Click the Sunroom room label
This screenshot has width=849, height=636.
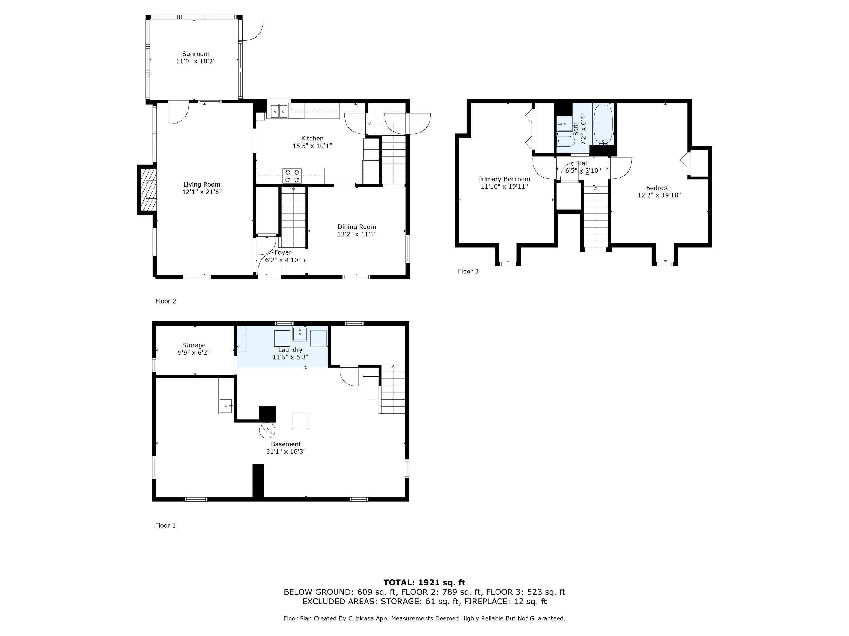click(196, 54)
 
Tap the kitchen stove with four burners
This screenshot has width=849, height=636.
click(292, 176)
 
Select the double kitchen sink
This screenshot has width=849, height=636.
click(279, 111)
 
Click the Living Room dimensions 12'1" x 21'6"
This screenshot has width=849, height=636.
click(202, 192)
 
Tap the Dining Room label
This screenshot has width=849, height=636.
click(357, 227)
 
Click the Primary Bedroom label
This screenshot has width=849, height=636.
click(504, 179)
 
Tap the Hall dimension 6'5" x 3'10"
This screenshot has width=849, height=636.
click(583, 171)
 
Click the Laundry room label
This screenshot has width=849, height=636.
click(290, 350)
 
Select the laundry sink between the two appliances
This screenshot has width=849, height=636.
click(300, 334)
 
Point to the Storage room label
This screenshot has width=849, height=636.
click(194, 345)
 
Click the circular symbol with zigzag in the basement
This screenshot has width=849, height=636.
click(267, 430)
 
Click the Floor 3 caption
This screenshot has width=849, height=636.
click(468, 271)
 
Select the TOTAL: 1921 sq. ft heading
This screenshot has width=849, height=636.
click(424, 583)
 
